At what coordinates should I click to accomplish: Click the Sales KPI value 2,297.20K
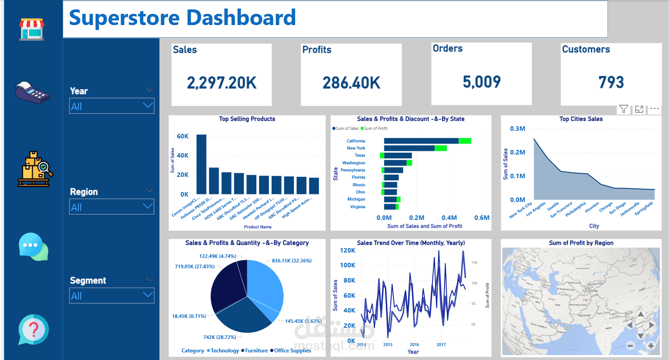coord(221,83)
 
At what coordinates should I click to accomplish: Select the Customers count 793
coord(611,82)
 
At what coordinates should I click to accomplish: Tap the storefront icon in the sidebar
coord(32,29)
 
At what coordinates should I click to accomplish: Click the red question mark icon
coord(33,330)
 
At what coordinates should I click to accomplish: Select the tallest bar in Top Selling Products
coord(202,164)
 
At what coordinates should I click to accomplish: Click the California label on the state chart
coord(356,141)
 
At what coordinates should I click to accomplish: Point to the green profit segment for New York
coord(441,148)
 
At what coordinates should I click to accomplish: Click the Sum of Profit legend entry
coord(376,129)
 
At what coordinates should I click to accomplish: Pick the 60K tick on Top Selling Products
coord(183,136)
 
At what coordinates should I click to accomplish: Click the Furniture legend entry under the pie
coord(256,351)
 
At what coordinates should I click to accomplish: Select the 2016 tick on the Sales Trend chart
coord(414,345)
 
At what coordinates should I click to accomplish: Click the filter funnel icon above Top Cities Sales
coord(623,109)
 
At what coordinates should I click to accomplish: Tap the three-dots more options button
coord(654,109)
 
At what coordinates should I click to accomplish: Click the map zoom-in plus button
coord(651,345)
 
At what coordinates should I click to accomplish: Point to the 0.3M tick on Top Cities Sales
coord(518,129)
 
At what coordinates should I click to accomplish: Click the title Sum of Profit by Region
coord(581,243)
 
